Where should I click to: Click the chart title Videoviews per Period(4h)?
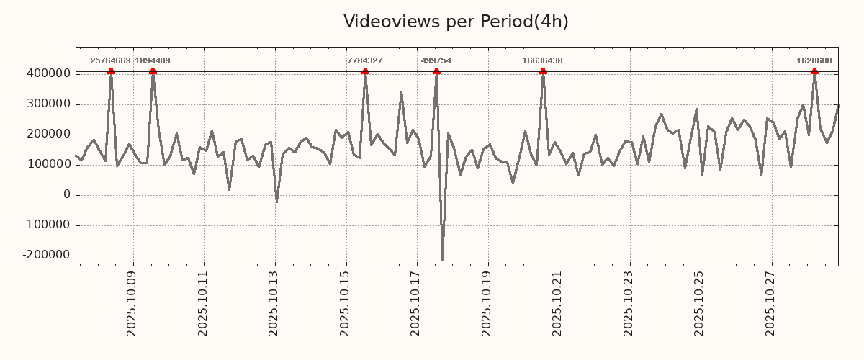(456, 22)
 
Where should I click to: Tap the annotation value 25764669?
(110, 61)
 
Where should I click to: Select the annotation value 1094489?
(153, 61)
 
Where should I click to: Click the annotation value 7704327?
(365, 61)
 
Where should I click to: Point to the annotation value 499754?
(436, 61)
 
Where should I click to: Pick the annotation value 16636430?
(542, 61)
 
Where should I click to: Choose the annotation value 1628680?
(814, 61)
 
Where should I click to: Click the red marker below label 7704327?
(365, 71)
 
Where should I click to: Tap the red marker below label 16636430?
(543, 71)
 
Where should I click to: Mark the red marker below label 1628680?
(814, 71)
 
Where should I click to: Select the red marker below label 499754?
(436, 71)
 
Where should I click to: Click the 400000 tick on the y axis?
(48, 73)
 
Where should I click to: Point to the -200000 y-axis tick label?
(46, 256)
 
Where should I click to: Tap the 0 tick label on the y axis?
(67, 195)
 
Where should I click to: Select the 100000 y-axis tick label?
(48, 165)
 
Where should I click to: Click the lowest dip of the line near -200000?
(442, 259)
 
